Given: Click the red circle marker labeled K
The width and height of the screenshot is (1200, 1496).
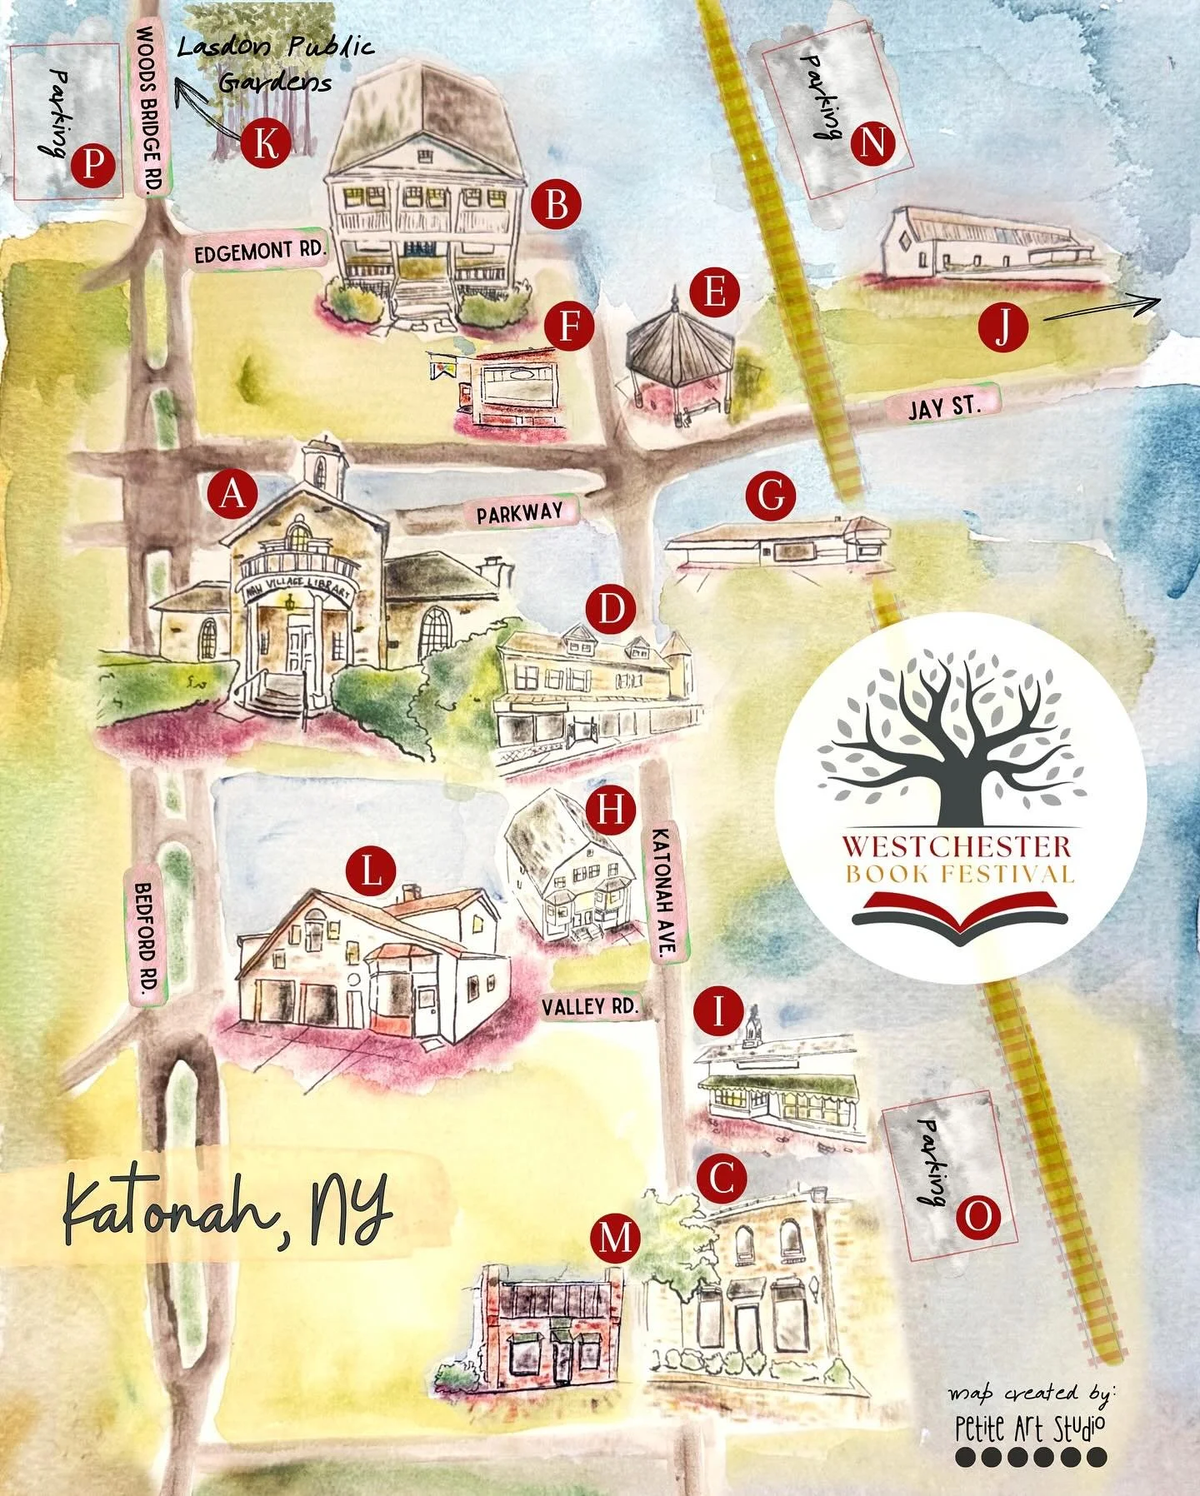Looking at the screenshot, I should point(265,143).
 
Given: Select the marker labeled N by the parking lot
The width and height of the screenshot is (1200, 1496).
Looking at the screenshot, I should point(872,143).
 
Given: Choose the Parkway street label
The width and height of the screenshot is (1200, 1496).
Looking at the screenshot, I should point(520,512).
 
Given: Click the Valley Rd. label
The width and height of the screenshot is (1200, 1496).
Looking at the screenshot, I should point(590,1006).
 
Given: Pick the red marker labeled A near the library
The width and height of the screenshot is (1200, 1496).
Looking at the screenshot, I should point(232,493).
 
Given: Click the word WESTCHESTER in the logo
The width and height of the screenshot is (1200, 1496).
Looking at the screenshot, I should point(956,846).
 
